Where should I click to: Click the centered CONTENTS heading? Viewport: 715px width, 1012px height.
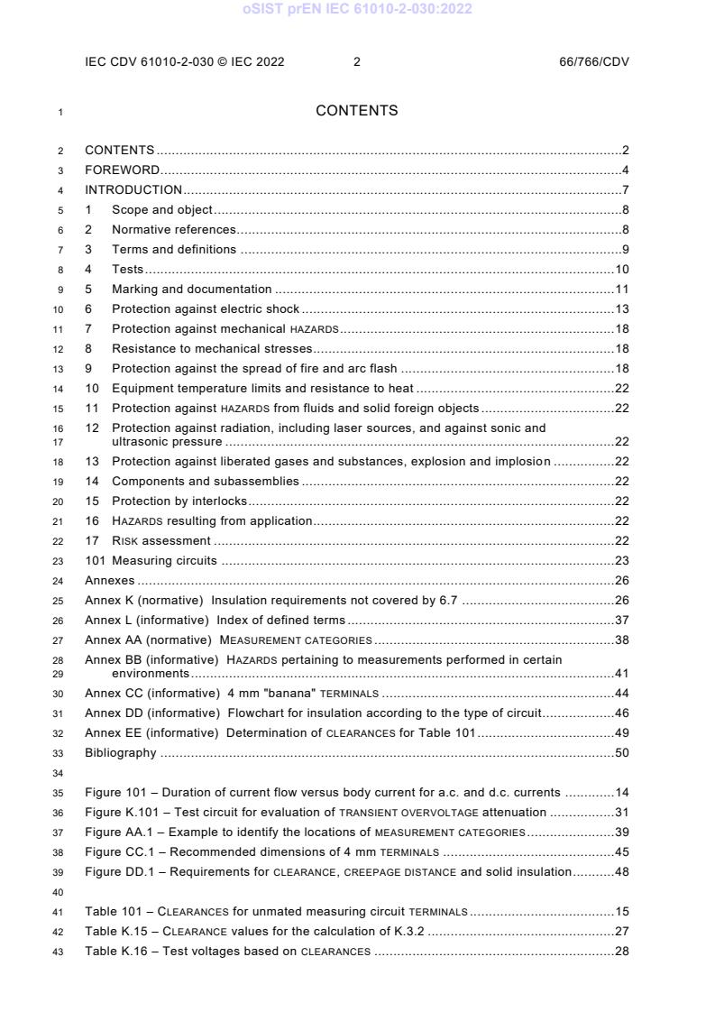tap(357, 111)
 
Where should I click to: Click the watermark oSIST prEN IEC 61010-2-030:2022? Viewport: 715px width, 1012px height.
tap(357, 9)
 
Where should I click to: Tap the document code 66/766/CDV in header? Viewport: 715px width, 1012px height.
tap(594, 61)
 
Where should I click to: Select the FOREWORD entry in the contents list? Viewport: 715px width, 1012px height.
tap(123, 170)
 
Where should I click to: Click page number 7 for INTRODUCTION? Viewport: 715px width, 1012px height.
tap(625, 189)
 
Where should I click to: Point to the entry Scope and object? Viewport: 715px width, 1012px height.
tap(162, 210)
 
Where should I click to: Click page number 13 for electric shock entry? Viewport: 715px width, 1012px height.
tap(621, 309)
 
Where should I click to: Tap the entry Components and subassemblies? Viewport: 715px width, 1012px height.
tap(205, 482)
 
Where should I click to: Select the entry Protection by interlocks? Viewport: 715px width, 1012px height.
tap(179, 501)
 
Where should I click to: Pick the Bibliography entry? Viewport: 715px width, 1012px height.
tap(120, 753)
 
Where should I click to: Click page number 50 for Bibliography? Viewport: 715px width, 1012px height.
tap(621, 753)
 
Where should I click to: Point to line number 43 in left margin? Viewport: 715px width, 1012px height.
tap(60, 952)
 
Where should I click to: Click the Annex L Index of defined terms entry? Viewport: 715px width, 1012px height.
tap(215, 621)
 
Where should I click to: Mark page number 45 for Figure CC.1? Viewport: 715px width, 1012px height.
tap(621, 852)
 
